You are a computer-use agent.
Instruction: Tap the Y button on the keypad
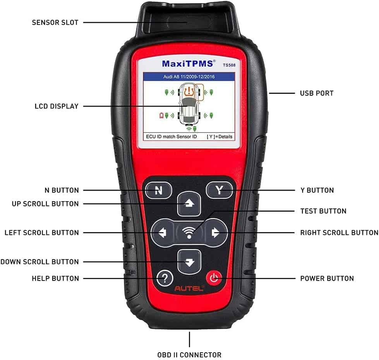click(220, 190)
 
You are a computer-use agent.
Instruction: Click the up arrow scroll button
click(189, 204)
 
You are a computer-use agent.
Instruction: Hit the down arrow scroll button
click(189, 262)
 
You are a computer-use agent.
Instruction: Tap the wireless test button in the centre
click(189, 233)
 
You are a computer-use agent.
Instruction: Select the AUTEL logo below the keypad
click(189, 289)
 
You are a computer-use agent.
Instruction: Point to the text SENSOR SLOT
click(55, 22)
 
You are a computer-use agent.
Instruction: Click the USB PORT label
click(316, 93)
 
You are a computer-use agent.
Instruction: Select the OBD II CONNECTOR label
click(190, 355)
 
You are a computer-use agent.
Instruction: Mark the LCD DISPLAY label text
click(56, 106)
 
